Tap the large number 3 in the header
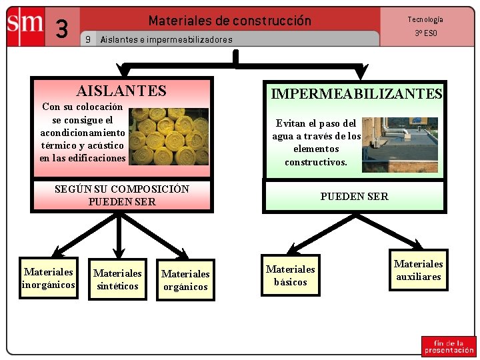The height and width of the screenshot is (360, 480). pos(63,29)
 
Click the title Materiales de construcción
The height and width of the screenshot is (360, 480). pos(229,21)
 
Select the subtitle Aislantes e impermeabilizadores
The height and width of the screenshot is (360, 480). pos(166,39)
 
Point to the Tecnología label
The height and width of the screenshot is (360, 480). pos(425,20)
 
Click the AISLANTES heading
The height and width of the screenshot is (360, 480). pos(121,91)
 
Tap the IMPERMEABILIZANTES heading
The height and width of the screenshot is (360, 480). pos(356,94)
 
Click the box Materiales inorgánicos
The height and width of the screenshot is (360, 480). pos(48,278)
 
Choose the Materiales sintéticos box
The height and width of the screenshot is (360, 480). pos(117,279)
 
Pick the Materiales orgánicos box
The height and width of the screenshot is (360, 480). pos(185,280)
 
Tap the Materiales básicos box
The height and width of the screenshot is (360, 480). pos(290,275)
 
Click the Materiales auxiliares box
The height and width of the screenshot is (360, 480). pos(418,270)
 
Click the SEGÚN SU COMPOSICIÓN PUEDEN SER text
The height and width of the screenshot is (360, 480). pos(121,195)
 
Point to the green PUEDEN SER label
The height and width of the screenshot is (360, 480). pos(354,196)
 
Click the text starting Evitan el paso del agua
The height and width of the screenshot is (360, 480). pos(316,142)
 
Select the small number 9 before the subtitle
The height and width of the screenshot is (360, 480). pos(88,39)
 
